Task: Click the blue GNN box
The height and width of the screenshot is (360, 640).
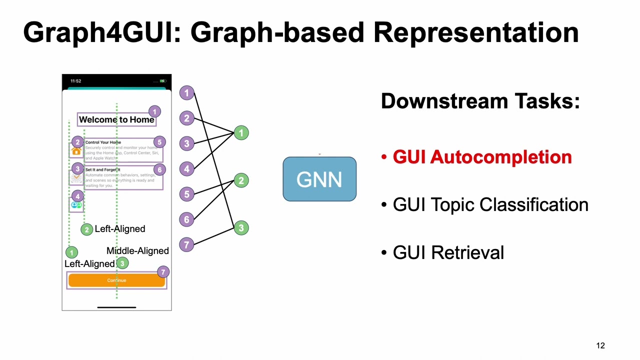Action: [319, 179]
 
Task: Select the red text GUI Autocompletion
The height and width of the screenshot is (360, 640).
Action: [481, 157]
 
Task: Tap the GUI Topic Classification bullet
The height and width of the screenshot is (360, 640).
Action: [490, 205]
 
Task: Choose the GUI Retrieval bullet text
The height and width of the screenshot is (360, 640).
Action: [448, 252]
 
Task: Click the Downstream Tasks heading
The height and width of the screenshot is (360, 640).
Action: [480, 101]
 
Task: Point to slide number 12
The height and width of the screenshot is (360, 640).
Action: [600, 345]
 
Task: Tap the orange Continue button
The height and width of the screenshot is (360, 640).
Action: [116, 280]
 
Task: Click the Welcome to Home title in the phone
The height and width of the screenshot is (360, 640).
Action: [116, 119]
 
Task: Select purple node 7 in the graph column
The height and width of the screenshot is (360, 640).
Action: [186, 244]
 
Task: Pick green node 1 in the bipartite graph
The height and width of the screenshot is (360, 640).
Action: [241, 133]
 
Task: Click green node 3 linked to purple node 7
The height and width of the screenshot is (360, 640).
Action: [241, 228]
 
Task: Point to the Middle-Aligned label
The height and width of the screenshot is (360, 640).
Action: [137, 250]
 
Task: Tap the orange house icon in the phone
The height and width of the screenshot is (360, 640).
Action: [76, 151]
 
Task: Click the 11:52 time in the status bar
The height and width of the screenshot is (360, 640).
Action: [75, 81]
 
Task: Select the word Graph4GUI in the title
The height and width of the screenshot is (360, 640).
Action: [95, 32]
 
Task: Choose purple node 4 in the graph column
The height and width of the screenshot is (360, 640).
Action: [186, 169]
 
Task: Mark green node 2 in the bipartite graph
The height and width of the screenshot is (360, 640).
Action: [241, 180]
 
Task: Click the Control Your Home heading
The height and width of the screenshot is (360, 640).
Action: [103, 142]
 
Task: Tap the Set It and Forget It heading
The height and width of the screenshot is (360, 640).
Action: [102, 170]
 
